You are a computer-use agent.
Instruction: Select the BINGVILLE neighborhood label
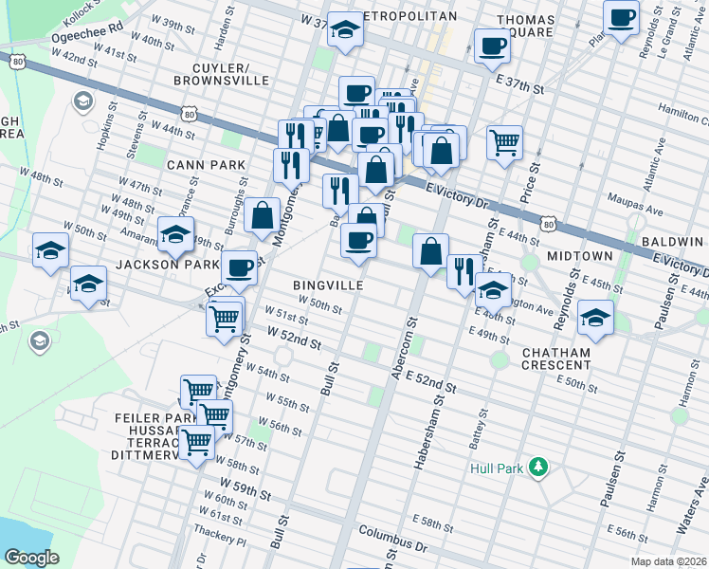(329, 285)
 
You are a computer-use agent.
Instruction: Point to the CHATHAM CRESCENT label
(556, 359)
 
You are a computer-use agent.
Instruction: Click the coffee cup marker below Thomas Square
(492, 45)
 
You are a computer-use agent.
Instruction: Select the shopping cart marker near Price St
(505, 142)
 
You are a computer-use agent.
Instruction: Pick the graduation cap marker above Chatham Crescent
(596, 317)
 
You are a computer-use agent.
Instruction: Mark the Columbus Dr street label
(393, 541)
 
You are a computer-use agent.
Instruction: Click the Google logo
(31, 557)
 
